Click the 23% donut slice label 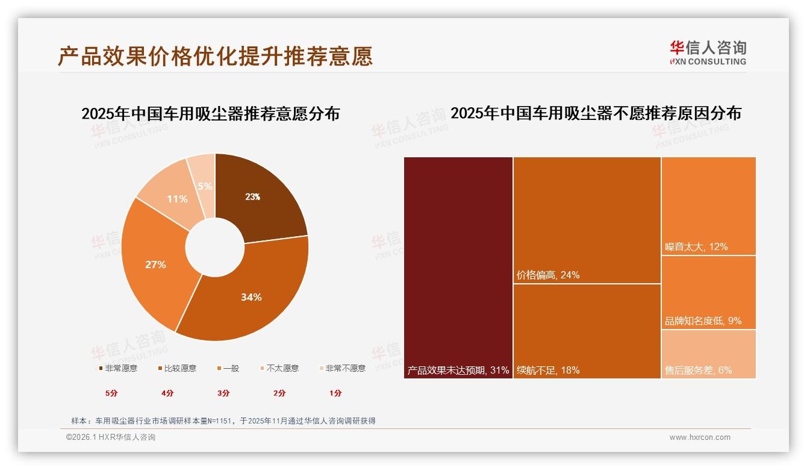(x=252, y=196)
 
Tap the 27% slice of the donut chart (x=155, y=264)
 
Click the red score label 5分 (x=112, y=393)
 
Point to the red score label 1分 (x=335, y=393)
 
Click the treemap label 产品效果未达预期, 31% (x=458, y=370)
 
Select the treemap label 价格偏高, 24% (x=548, y=275)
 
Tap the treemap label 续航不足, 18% (x=548, y=370)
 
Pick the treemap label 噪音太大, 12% (x=696, y=246)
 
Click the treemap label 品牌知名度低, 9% (x=703, y=321)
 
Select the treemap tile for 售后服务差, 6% (x=709, y=354)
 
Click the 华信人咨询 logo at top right (x=708, y=52)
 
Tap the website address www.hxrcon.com (x=700, y=437)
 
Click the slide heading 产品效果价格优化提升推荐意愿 (x=216, y=55)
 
